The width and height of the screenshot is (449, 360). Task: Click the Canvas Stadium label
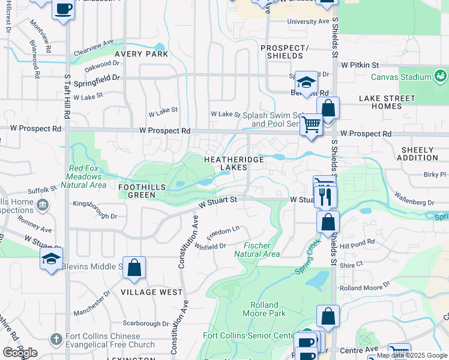click(400, 77)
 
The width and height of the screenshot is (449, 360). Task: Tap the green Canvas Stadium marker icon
click(441, 76)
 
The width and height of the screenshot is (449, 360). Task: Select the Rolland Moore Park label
click(264, 309)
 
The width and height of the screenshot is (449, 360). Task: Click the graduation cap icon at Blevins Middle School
click(52, 259)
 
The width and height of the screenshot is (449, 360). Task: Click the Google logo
click(20, 352)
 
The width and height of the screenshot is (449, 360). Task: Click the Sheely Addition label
click(417, 154)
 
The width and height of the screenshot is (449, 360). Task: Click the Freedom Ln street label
click(223, 230)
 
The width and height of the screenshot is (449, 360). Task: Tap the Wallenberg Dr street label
click(415, 199)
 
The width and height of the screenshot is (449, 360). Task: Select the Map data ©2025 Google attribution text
click(412, 355)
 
